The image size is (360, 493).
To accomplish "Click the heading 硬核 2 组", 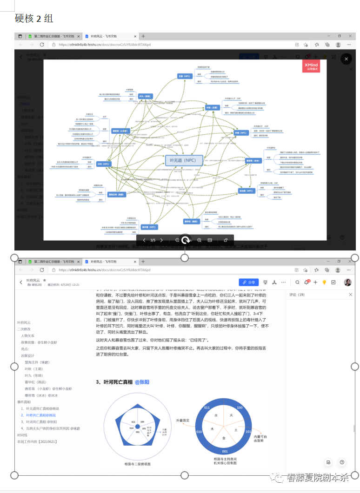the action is (x=34, y=19).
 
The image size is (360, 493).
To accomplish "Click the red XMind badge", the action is (x=311, y=66).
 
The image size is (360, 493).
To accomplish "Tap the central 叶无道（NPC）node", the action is (x=184, y=160).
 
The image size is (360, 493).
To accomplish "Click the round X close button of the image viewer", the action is (x=346, y=59).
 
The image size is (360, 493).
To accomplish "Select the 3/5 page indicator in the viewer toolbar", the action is (x=153, y=240).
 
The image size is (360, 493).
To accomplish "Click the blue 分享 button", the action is (x=249, y=282).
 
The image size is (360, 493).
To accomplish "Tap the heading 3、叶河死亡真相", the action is (x=114, y=382).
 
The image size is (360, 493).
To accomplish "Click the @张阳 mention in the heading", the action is (x=142, y=382).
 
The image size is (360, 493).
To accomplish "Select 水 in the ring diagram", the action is (x=216, y=415).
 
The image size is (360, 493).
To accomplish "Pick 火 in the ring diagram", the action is (x=231, y=415).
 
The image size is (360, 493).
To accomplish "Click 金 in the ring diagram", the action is (x=223, y=438).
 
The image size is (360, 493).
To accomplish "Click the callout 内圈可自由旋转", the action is (x=260, y=439).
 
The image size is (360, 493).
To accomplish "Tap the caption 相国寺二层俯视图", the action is (x=138, y=464).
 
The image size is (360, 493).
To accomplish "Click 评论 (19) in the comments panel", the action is (x=297, y=295).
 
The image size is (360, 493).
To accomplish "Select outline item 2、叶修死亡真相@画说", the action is (x=40, y=415).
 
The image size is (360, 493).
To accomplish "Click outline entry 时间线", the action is (x=22, y=435).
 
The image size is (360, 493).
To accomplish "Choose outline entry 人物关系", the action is (x=27, y=335).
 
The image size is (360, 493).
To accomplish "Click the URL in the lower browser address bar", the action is (x=105, y=270).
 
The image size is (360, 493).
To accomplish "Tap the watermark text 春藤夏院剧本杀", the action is (x=317, y=477).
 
